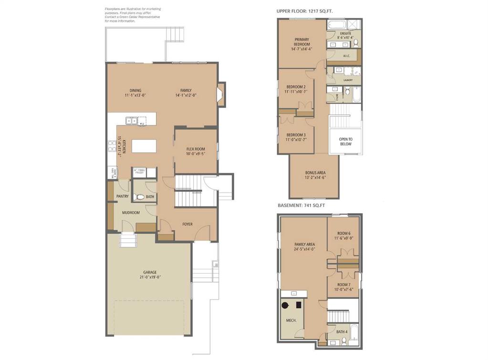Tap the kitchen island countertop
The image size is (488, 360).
pyautogui.click(x=144, y=145)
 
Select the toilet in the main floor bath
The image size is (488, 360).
pyautogui.click(x=140, y=197)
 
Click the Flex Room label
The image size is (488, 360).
pyautogui.click(x=196, y=149)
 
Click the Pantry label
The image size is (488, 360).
pyautogui.click(x=123, y=196)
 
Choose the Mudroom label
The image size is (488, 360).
pyautogui.click(x=131, y=213)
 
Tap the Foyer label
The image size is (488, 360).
pyautogui.click(x=187, y=224)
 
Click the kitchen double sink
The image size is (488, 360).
pyautogui.click(x=132, y=121)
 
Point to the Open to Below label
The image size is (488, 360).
pyautogui.click(x=345, y=141)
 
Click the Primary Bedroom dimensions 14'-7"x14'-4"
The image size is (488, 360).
pyautogui.click(x=301, y=49)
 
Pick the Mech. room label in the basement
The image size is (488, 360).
pyautogui.click(x=291, y=320)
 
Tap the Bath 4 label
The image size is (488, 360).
pyautogui.click(x=341, y=331)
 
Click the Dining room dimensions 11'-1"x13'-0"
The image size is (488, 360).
pyautogui.click(x=135, y=95)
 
